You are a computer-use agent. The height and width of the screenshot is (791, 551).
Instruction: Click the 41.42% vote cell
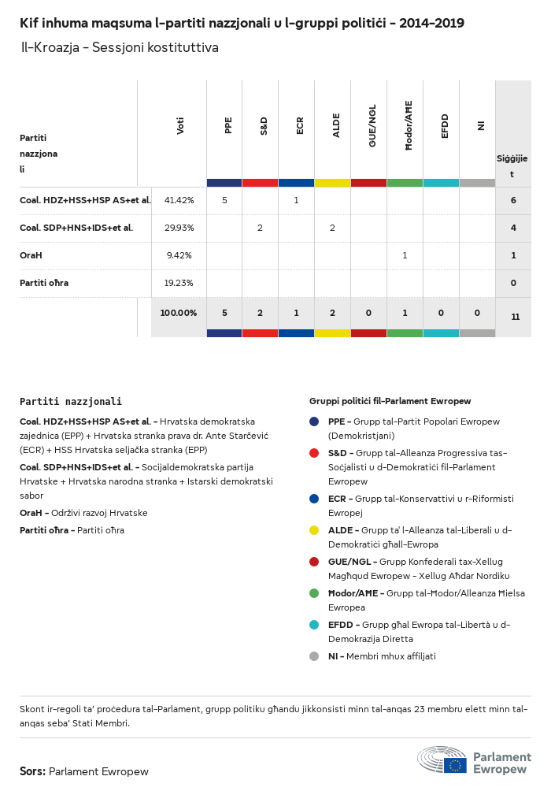[x=179, y=200]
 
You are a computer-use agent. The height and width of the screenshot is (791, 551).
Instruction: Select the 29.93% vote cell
[x=179, y=228]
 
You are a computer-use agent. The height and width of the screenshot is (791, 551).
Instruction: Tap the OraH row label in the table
[x=31, y=255]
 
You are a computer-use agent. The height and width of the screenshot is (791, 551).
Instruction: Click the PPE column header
[x=228, y=125]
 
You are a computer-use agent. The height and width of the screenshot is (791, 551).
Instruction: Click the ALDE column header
[x=336, y=125]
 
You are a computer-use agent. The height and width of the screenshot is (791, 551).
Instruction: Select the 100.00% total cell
[x=179, y=313]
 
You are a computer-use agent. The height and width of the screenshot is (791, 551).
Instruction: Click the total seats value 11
[x=515, y=317]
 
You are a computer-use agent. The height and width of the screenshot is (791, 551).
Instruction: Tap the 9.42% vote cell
[x=179, y=255]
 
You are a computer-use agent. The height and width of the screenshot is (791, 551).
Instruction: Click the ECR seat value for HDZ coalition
[x=296, y=200]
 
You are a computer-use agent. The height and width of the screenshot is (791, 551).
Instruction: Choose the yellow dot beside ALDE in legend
[x=314, y=530]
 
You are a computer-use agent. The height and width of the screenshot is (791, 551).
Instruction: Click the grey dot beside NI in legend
[x=314, y=656]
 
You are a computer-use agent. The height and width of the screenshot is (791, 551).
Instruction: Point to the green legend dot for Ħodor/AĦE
[x=314, y=593]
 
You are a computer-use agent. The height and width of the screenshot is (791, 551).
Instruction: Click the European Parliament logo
[x=474, y=761]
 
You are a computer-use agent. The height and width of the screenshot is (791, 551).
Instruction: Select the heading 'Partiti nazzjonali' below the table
[x=71, y=401]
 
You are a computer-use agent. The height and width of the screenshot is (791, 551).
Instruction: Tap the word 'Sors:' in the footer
[x=32, y=771]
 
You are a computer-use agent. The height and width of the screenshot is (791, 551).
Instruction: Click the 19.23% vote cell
[x=179, y=283]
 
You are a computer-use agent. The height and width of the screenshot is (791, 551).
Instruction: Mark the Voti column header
[x=180, y=125]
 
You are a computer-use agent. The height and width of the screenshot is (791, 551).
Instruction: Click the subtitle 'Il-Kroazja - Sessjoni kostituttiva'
[x=120, y=48]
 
